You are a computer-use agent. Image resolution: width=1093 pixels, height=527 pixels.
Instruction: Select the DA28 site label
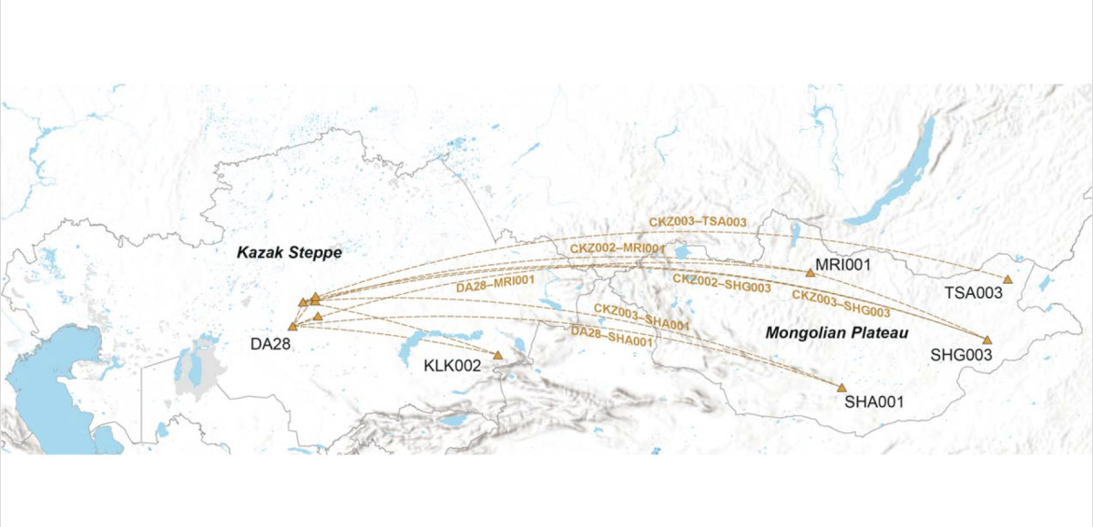[x=271, y=343]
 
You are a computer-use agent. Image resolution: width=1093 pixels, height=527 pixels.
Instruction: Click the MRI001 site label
[x=843, y=266]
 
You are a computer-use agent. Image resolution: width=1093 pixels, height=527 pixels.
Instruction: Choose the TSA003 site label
[x=972, y=293]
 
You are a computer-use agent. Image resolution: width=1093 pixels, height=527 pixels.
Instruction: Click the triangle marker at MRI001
[x=810, y=272]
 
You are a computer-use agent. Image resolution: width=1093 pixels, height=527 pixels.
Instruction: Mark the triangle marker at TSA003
[x=1007, y=279]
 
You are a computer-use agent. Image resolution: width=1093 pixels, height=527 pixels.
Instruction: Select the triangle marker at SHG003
[x=986, y=340]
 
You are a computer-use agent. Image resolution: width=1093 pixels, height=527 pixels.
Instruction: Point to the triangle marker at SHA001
[x=841, y=388]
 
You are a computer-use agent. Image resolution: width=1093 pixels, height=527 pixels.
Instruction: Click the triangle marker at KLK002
[x=498, y=355]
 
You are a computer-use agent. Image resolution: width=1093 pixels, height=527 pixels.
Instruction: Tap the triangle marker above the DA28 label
[x=292, y=326]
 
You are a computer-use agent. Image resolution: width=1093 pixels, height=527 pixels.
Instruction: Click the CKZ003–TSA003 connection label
[x=698, y=221]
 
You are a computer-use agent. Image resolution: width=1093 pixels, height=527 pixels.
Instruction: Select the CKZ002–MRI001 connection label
[x=618, y=248]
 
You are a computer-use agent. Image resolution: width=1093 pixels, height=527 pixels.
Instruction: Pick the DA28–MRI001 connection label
[x=495, y=284]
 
